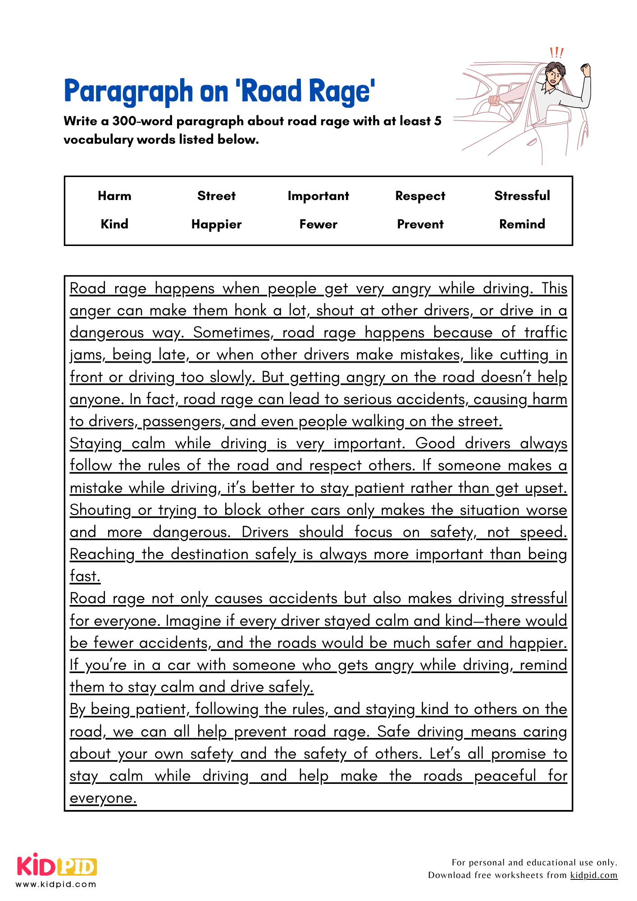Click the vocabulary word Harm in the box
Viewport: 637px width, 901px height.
click(114, 196)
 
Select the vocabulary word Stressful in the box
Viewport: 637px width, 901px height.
click(522, 196)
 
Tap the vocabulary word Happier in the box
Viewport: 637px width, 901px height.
click(216, 224)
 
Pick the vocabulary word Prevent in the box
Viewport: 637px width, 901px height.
click(420, 224)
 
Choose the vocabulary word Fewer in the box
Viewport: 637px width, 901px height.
click(318, 224)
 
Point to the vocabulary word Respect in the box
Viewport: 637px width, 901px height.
click(420, 196)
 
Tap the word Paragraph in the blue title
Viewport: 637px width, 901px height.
click(128, 92)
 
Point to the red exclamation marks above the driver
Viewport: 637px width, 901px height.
click(556, 53)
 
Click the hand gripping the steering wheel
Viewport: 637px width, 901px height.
click(495, 100)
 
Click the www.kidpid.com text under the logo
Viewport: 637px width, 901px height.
click(56, 884)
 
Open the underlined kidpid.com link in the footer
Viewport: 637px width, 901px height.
click(593, 875)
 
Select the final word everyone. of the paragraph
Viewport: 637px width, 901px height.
click(103, 798)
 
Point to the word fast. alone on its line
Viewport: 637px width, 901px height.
click(85, 576)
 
